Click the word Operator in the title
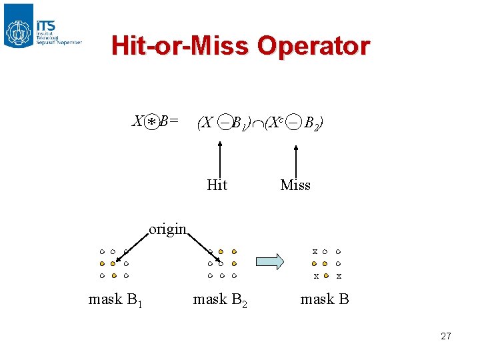[313, 46]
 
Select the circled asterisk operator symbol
[153, 123]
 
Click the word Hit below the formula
[217, 185]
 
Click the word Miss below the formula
[295, 185]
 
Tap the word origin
[167, 229]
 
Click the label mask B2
[219, 299]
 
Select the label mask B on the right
[325, 299]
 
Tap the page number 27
[446, 336]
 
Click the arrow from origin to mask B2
[203, 247]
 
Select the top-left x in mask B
[315, 252]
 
